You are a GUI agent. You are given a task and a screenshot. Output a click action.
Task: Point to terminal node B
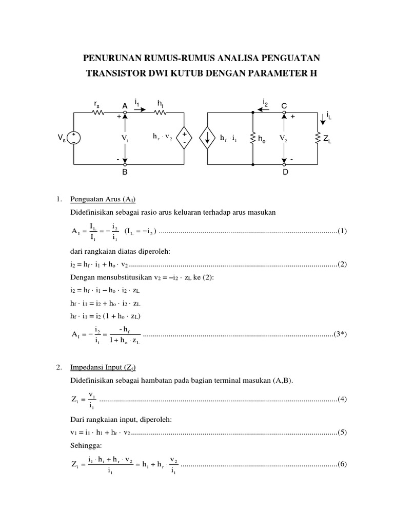tap(125, 164)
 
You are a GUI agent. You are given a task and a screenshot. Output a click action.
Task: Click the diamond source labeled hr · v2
tap(183, 138)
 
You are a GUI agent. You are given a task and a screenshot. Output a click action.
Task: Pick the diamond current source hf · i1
tap(207, 138)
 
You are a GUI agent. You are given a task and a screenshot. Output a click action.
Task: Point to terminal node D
tap(284, 164)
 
